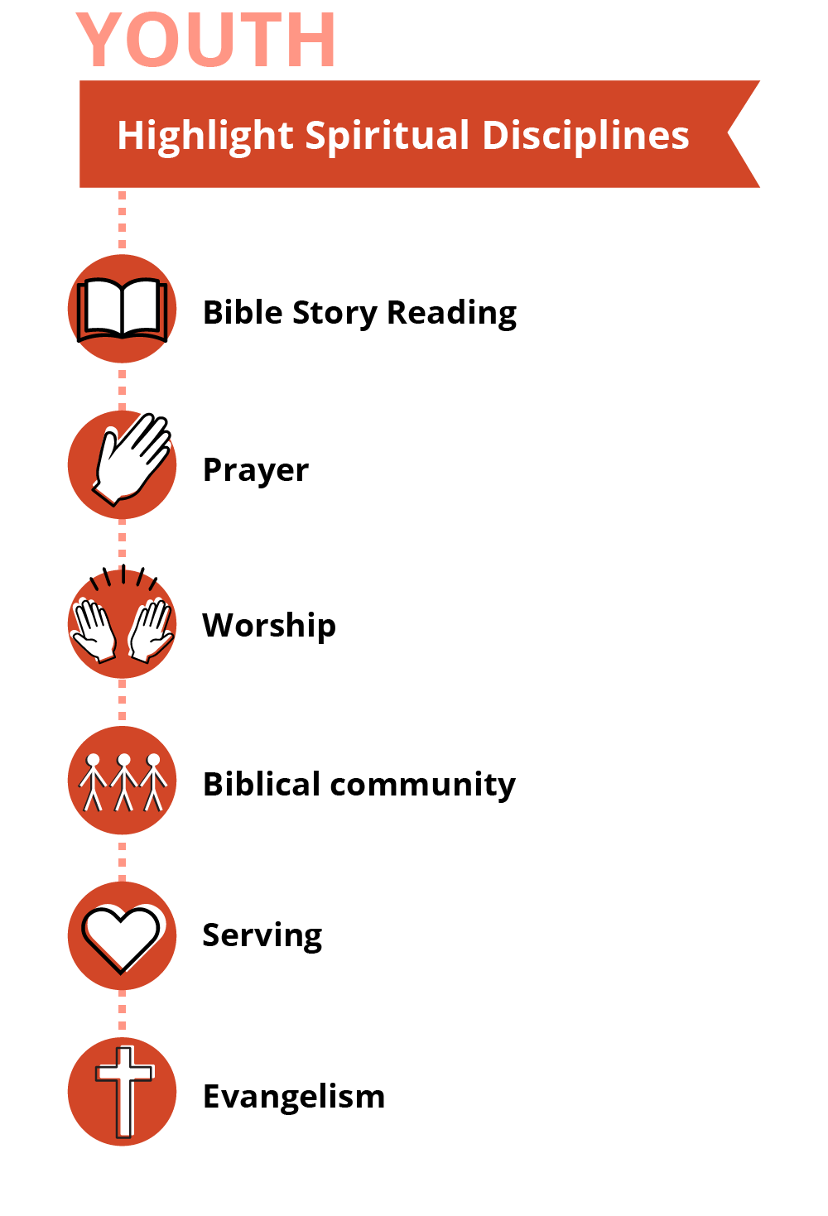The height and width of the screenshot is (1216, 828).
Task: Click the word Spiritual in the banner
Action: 388,136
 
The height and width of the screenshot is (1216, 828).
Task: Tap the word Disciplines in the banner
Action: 585,136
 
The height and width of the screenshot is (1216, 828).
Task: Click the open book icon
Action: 122,310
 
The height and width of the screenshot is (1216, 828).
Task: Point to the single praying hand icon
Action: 131,460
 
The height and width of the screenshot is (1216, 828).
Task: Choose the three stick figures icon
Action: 123,781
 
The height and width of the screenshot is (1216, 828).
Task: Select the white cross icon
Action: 124,1091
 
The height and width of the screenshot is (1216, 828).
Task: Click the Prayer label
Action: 255,470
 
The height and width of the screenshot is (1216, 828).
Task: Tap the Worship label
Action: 269,626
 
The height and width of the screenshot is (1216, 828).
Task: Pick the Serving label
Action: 262,935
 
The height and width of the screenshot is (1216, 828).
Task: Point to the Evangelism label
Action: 294,1097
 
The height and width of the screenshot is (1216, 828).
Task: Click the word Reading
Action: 451,313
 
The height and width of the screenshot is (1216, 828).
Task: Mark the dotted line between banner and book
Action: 123,220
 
